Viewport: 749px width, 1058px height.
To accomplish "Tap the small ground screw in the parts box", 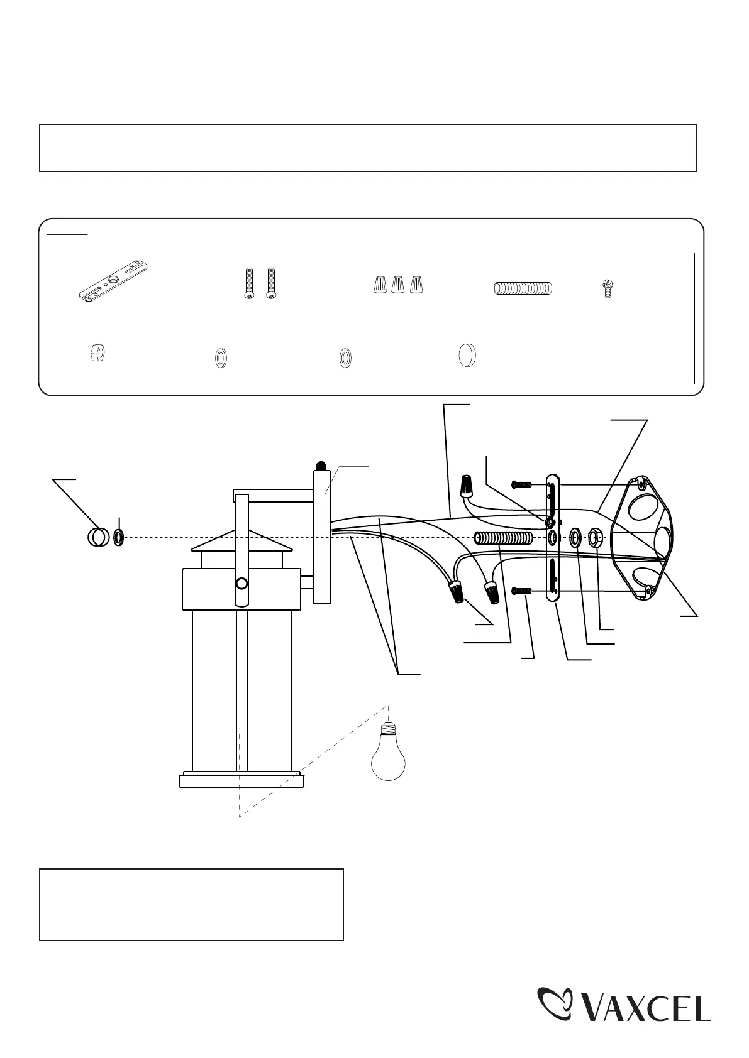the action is tap(608, 289).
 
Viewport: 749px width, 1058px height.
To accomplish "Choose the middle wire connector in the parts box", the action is tap(397, 285).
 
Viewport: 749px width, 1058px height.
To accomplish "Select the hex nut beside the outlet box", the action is tap(596, 538).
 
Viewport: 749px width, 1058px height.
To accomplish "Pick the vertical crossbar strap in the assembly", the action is tap(553, 538).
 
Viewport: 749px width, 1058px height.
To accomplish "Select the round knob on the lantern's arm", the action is tap(240, 584).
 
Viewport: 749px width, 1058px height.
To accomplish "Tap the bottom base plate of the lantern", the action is tap(241, 780).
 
